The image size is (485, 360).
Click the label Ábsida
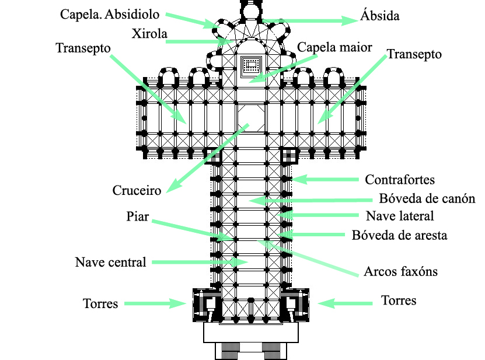[381, 16]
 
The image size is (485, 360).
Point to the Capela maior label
[334, 47]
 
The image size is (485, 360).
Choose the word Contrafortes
[400, 180]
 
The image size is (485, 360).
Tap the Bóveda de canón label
[427, 198]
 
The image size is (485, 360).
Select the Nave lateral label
[400, 216]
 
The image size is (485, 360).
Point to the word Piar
[138, 217]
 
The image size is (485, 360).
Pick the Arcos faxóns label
[400, 271]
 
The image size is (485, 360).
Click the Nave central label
[110, 262]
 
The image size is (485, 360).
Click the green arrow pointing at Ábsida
[309, 20]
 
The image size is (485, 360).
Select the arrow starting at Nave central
[198, 263]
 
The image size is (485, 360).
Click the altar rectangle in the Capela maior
[251, 65]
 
